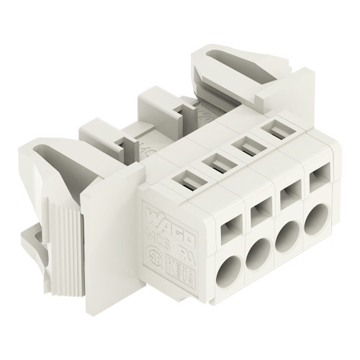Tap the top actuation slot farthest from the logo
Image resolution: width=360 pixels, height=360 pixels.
pos(276,131)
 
